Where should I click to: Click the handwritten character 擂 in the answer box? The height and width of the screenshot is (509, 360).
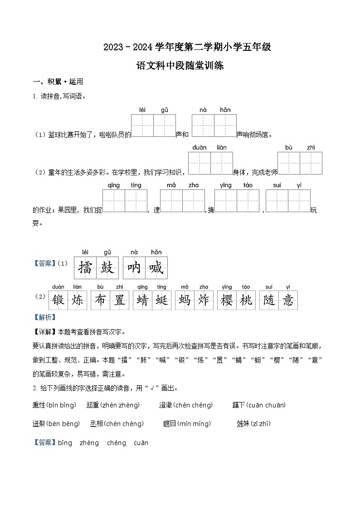pos(85,268)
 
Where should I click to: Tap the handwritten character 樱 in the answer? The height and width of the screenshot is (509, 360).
pos(227,300)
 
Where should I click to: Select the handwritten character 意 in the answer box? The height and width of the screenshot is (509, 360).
pos(288,300)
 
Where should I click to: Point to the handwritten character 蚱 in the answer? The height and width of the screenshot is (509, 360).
pos(204,300)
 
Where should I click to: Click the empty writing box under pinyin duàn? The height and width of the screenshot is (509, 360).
pos(199,163)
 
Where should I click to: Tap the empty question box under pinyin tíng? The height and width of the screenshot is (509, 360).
pos(136,201)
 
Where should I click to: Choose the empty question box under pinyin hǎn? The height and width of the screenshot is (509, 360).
pos(225,126)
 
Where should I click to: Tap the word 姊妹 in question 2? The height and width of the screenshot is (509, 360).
pos(243,424)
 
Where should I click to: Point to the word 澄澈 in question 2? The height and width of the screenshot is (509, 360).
pos(165,405)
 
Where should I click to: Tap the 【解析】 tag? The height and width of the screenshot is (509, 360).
pos(44,317)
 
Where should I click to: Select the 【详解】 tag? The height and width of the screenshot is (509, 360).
pos(44,331)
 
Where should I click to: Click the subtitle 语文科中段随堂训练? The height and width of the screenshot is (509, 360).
pos(180,66)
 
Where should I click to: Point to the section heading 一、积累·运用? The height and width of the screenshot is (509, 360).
pos(58,82)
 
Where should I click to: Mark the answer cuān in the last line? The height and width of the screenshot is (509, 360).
pos(141,443)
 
